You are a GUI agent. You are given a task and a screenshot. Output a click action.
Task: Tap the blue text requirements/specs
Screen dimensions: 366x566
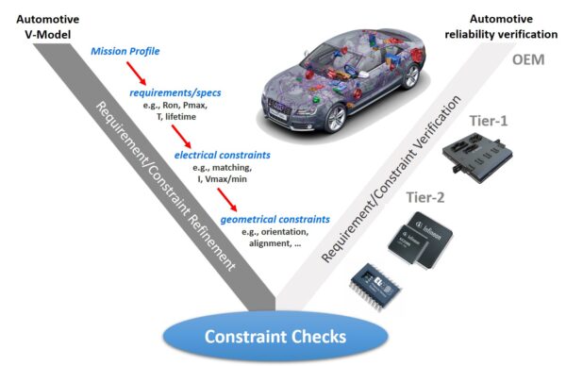(170, 95)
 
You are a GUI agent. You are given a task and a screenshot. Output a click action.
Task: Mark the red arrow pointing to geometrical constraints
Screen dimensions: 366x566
(226, 197)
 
